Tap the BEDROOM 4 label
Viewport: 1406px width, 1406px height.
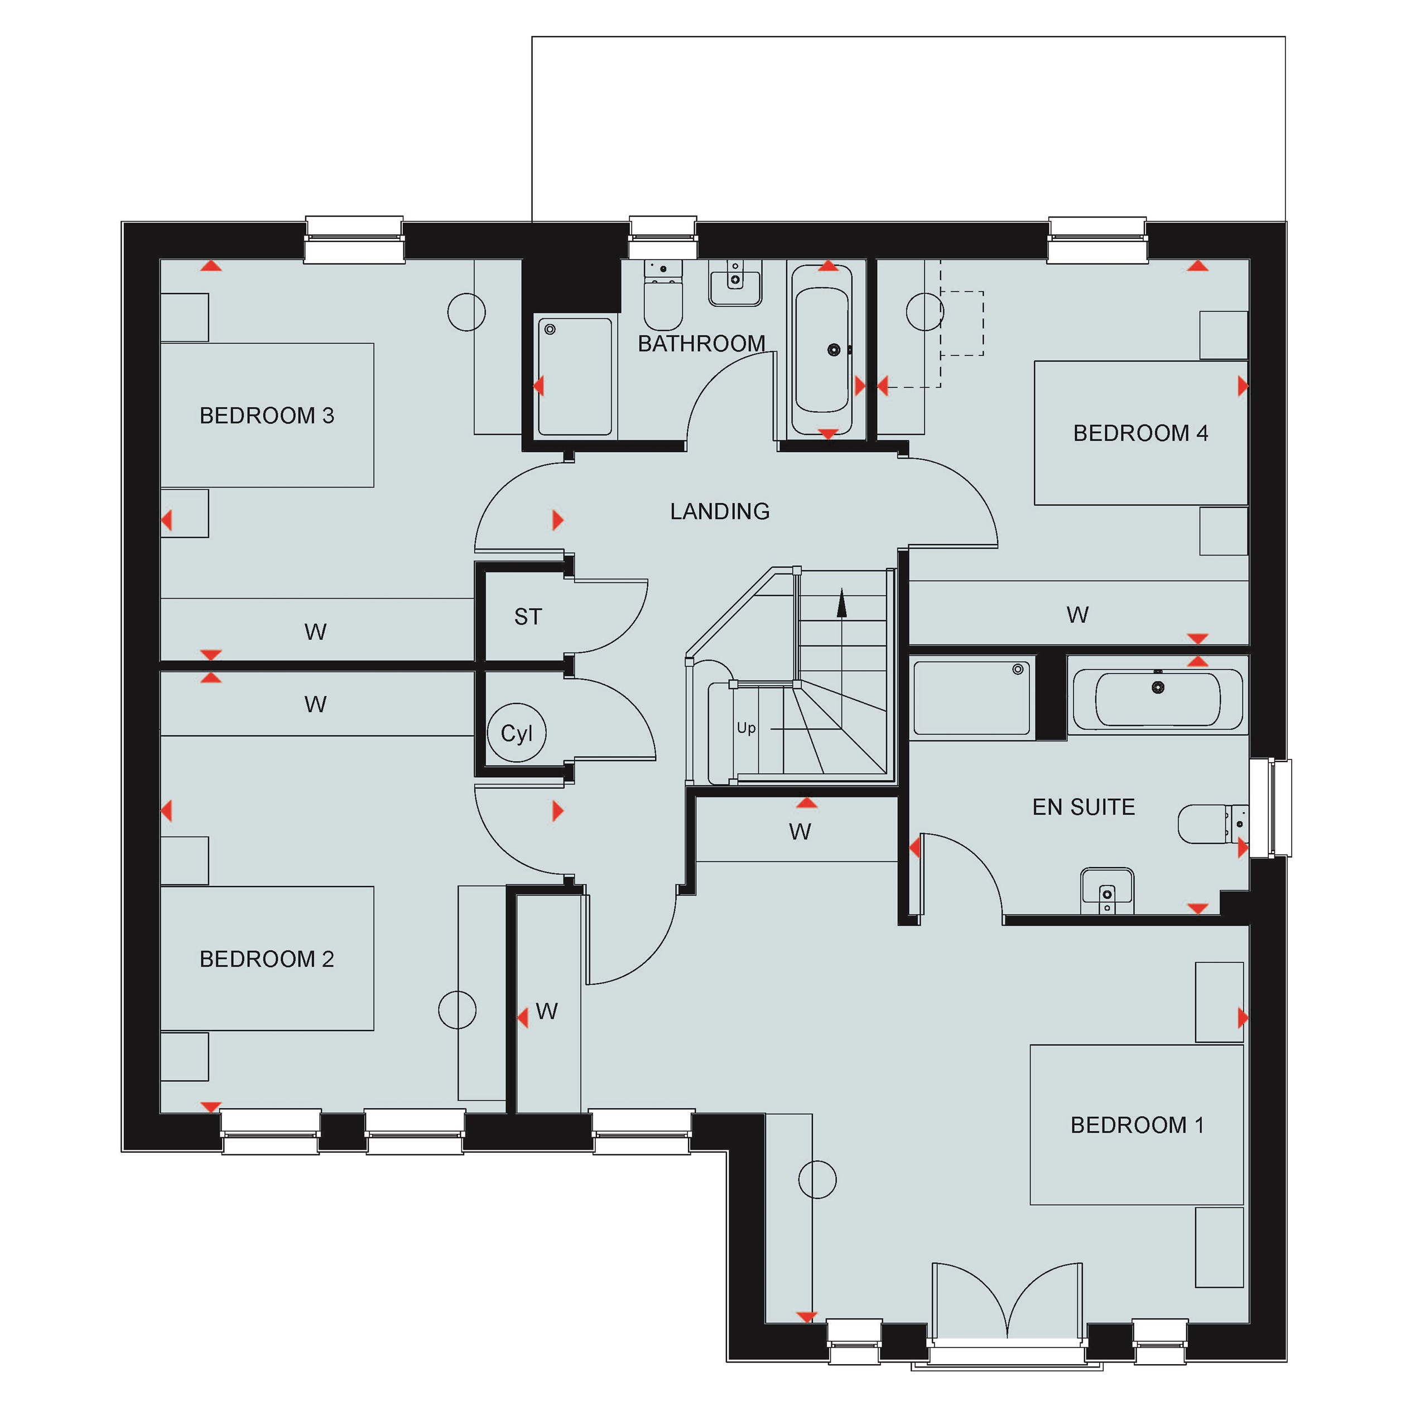[x=1140, y=433]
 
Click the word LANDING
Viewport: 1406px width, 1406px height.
[x=720, y=512]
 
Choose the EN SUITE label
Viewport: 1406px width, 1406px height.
[x=1084, y=807]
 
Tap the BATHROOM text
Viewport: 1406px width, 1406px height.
[x=701, y=344]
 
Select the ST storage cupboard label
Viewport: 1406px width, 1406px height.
[x=528, y=617]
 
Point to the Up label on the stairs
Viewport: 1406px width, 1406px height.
[x=746, y=728]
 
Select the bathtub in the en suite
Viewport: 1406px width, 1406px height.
[x=1158, y=699]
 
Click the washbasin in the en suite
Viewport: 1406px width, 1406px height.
[x=1107, y=890]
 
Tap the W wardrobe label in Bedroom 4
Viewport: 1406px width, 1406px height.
[x=1078, y=615]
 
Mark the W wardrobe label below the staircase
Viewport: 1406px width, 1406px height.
[x=800, y=831]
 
